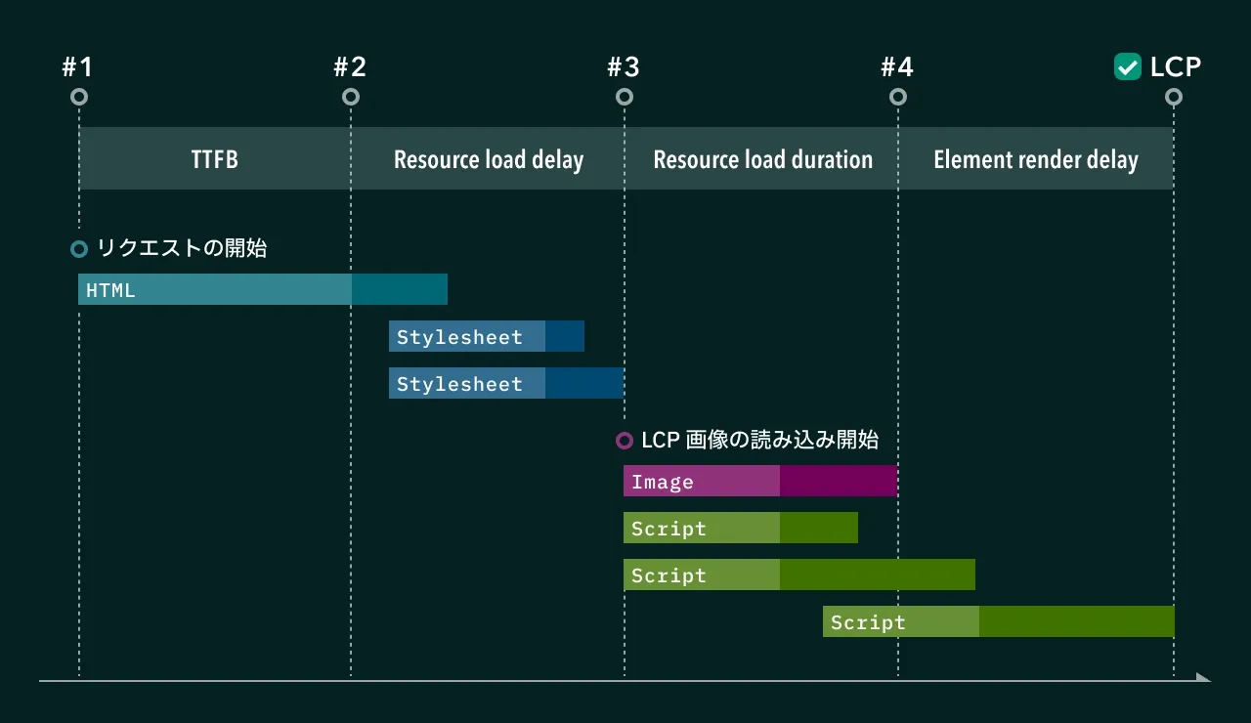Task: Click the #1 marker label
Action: pos(77,66)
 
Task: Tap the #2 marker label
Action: pos(350,66)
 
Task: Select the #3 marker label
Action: pos(624,66)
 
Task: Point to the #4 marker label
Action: pos(897,66)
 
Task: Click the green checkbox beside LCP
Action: pos(1128,66)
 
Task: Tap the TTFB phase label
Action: pos(214,159)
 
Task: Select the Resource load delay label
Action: pos(488,159)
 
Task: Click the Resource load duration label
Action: pos(762,159)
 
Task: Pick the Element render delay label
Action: pos(1036,159)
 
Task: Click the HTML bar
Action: pos(262,289)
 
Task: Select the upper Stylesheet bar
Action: pos(486,336)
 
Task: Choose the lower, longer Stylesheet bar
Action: pos(505,383)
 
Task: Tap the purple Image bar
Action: pos(759,481)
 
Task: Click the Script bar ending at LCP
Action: pos(998,621)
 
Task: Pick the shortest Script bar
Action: pos(740,528)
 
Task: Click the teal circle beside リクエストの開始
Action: pos(79,249)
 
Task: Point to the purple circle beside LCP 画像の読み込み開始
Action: pos(625,441)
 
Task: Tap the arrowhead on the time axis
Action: pos(1203,678)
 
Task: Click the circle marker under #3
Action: pos(625,97)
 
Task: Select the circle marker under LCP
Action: pos(1174,97)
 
